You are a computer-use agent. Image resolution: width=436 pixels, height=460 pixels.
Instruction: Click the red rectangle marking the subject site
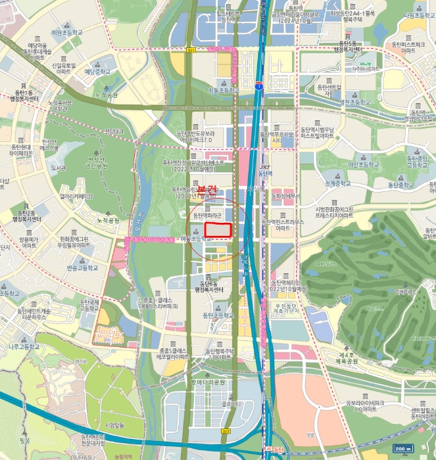pyautogui.click(x=218, y=229)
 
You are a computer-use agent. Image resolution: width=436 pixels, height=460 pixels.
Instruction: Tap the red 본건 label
pyautogui.click(x=207, y=190)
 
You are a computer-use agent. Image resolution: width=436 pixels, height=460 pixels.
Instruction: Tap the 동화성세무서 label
pyautogui.click(x=286, y=196)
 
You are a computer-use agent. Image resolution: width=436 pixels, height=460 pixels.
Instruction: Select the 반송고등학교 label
pyautogui.click(x=82, y=268)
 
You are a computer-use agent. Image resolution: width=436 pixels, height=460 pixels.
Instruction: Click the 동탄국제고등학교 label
pyautogui.click(x=89, y=306)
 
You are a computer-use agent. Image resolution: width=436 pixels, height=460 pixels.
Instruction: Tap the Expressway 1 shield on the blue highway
pyautogui.click(x=259, y=85)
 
